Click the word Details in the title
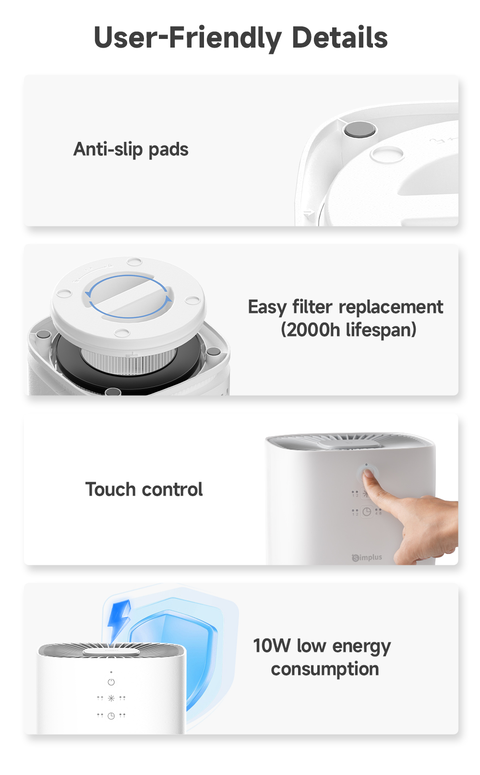339,37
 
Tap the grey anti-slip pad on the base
360,129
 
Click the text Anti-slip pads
131,150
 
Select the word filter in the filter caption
312,307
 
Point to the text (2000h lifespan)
348,330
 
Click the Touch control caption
144,489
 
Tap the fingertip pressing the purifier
368,476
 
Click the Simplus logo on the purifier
367,558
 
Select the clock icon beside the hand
367,512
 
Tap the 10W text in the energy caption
272,646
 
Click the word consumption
325,669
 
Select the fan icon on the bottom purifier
111,698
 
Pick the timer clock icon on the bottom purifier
111,715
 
